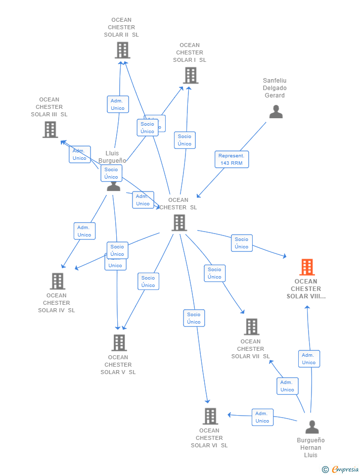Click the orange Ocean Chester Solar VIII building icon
[x=307, y=267]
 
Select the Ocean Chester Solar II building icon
[x=122, y=50]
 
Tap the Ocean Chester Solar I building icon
[x=190, y=75]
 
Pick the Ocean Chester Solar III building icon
[x=50, y=130]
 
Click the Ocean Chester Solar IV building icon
[x=57, y=281]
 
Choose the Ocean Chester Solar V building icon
[x=119, y=342]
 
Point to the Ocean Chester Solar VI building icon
[x=210, y=416]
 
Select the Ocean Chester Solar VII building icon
[x=251, y=327]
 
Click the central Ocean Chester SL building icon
[x=179, y=223]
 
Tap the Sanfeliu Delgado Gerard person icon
[x=276, y=112]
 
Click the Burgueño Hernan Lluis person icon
[x=312, y=427]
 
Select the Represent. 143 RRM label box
[x=231, y=159]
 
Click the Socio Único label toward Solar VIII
[x=242, y=243]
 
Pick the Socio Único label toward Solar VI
[x=194, y=318]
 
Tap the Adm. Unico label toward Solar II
[x=118, y=104]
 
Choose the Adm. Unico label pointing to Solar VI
[x=262, y=417]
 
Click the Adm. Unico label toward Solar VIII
[x=309, y=359]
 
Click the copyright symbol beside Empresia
[x=325, y=470]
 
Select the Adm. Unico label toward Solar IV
[x=85, y=231]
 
